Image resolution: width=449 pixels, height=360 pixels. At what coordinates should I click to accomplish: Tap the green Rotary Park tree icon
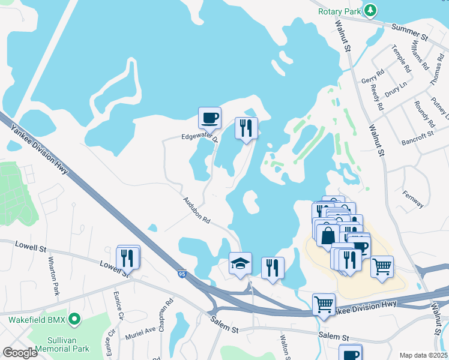[x=372, y=10]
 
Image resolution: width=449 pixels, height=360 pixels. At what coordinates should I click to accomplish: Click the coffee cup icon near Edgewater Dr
[x=209, y=118]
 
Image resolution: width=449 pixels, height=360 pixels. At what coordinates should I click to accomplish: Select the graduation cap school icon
[x=240, y=263]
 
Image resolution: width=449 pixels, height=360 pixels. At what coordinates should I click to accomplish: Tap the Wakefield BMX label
[x=34, y=319]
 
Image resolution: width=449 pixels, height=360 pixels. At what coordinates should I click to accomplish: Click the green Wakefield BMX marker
[x=74, y=319]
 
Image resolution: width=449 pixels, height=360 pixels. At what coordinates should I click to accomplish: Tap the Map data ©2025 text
[x=423, y=355]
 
